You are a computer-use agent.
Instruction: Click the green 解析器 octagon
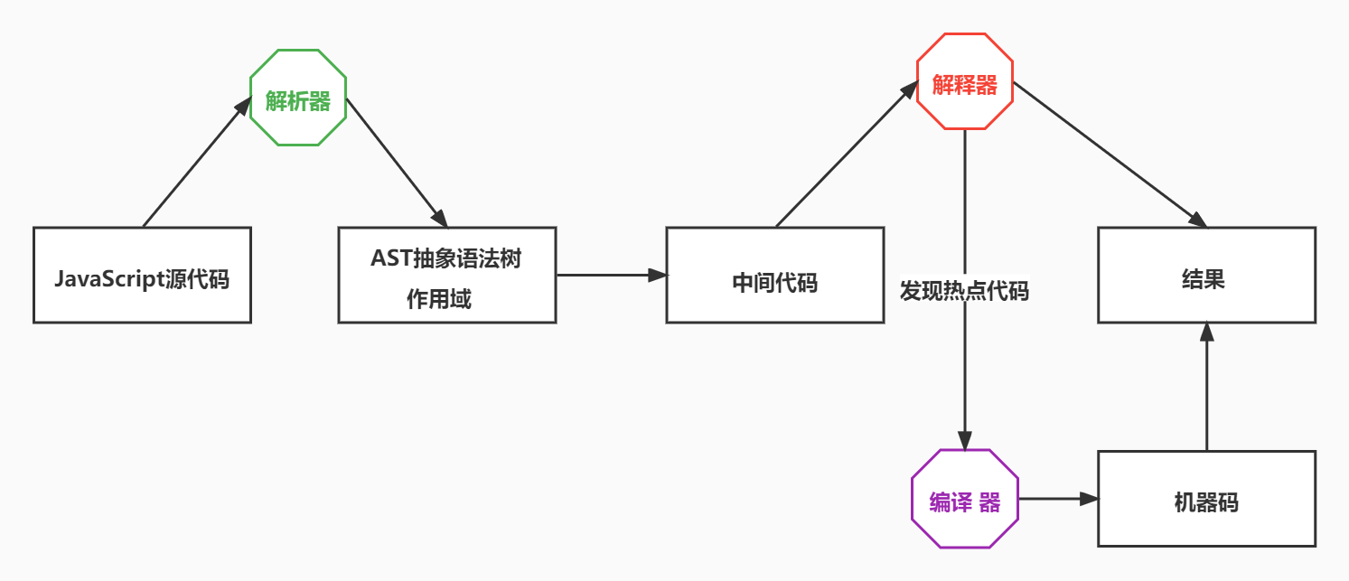click(x=298, y=98)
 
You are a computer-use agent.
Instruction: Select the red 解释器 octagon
click(x=965, y=84)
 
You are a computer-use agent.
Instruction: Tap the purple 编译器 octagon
click(x=965, y=500)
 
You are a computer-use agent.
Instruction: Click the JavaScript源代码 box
click(x=142, y=275)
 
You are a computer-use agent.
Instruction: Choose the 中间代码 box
click(x=774, y=275)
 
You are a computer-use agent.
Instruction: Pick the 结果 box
click(x=1206, y=275)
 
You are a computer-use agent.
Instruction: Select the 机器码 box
click(x=1206, y=499)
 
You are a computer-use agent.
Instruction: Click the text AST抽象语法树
click(x=446, y=258)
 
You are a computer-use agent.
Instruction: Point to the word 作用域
click(x=439, y=299)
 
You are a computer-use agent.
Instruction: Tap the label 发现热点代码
click(x=964, y=291)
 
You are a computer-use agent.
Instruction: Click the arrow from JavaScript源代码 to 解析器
click(x=196, y=163)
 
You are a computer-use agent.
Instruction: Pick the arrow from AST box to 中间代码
click(x=611, y=274)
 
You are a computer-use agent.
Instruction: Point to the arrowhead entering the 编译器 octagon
click(x=965, y=441)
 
